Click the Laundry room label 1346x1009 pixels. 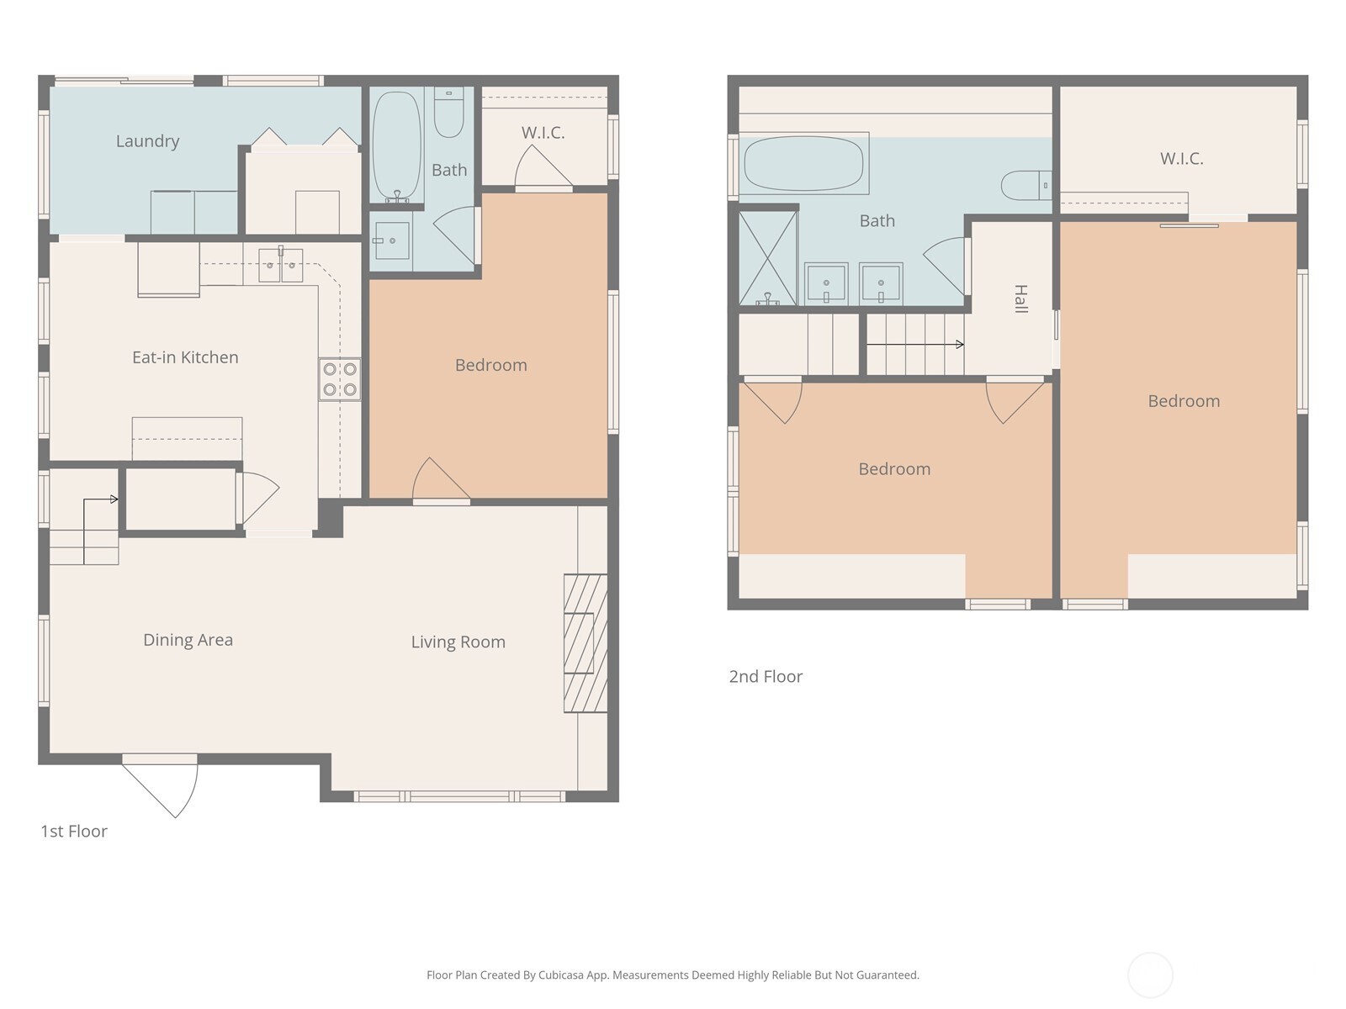[x=147, y=141]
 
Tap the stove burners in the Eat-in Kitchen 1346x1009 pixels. [x=339, y=379]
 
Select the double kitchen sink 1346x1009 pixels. [x=280, y=266]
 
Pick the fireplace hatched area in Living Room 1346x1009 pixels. [x=585, y=643]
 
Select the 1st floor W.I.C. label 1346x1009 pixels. [x=543, y=133]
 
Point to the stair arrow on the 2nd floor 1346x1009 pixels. [x=914, y=344]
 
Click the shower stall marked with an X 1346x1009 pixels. [x=767, y=257]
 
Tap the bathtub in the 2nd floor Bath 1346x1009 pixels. [x=803, y=164]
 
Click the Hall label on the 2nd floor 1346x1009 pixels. [x=1020, y=298]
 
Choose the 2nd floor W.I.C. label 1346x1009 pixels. [x=1181, y=158]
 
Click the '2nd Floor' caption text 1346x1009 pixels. [x=766, y=677]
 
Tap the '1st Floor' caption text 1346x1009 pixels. [x=74, y=832]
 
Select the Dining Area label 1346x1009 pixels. [x=188, y=640]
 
